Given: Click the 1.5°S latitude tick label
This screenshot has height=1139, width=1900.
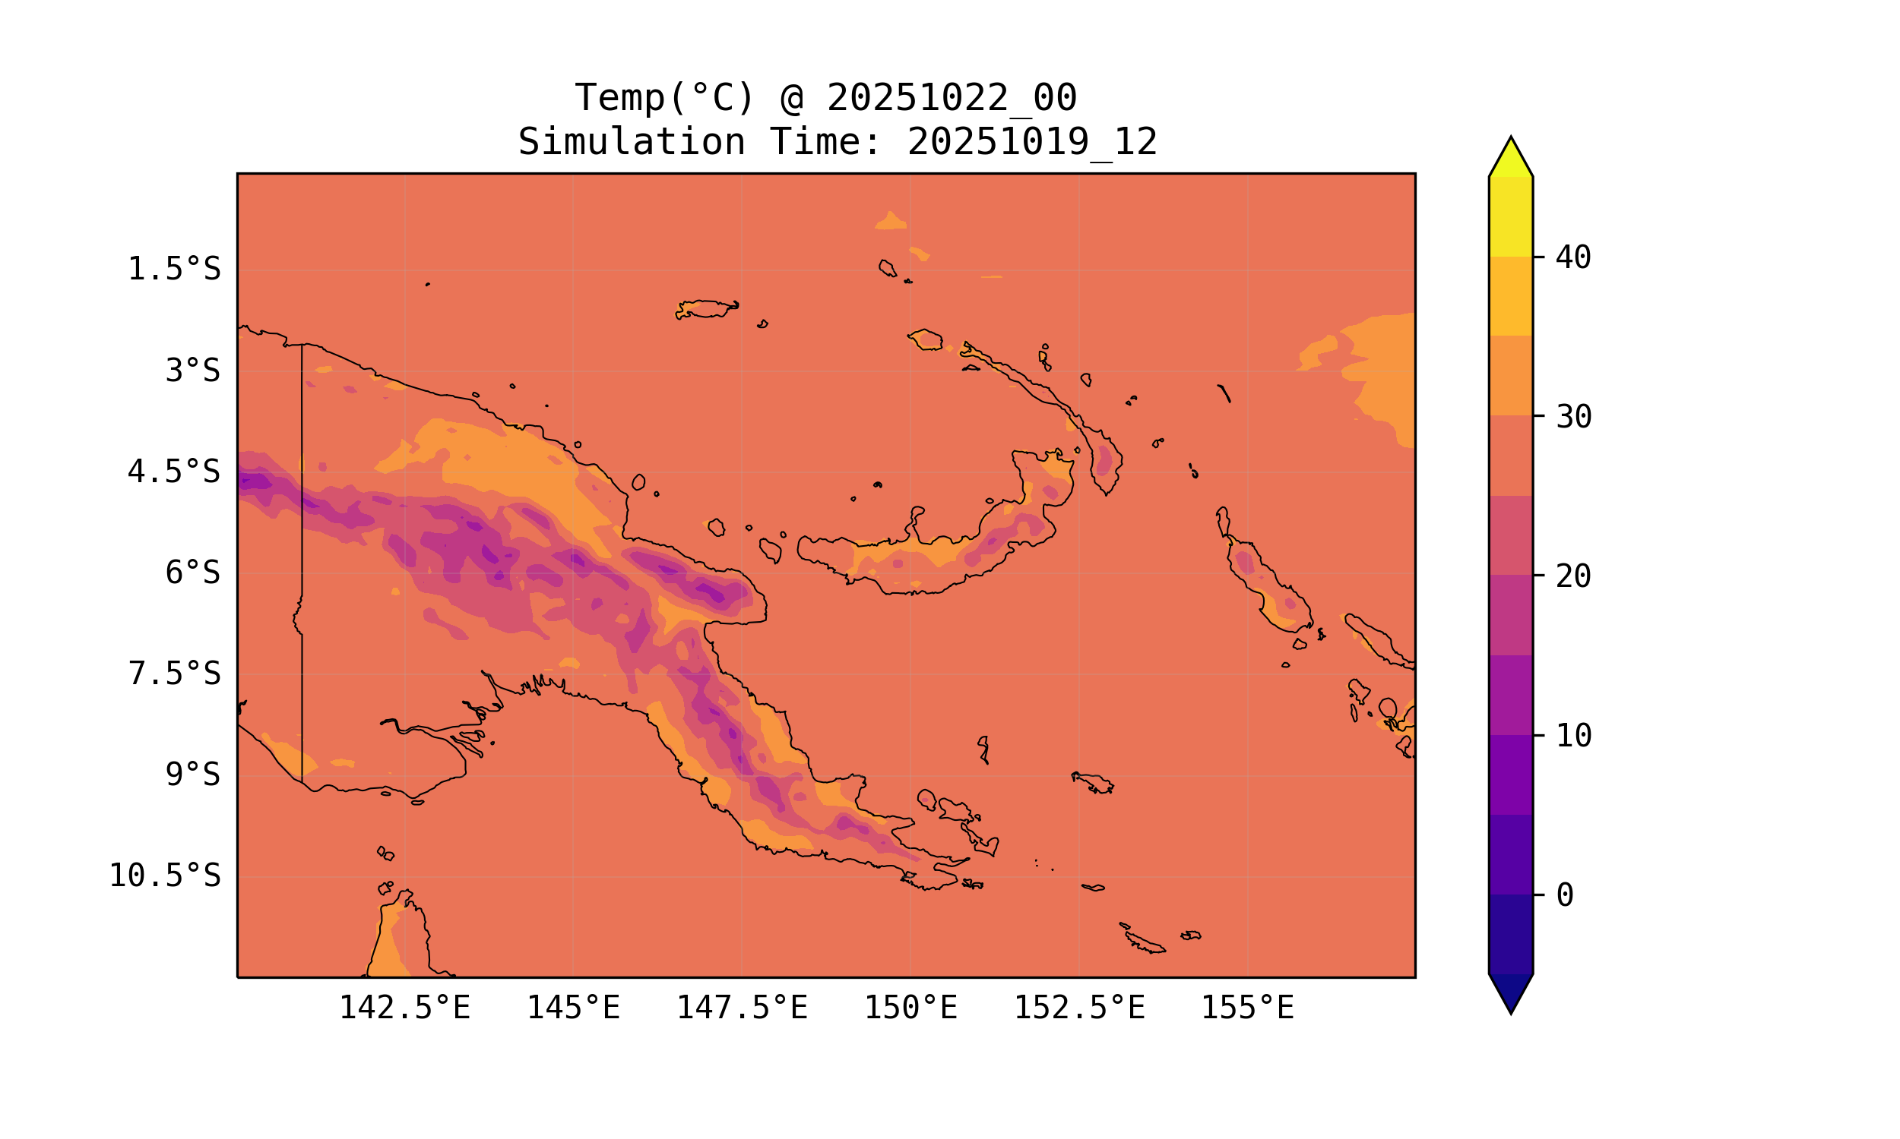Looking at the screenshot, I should click(173, 270).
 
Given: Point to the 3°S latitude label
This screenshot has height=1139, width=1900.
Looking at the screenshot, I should click(193, 371).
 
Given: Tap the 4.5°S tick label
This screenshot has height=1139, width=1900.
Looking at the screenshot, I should click(173, 472).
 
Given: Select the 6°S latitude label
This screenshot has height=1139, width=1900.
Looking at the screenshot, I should click(193, 573).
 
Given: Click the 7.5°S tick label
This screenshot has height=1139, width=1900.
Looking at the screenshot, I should click(173, 674).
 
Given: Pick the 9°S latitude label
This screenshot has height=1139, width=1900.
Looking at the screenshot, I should click(193, 775).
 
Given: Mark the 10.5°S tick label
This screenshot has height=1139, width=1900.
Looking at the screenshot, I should click(164, 876).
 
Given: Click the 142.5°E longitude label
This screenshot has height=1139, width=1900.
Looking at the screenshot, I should click(405, 1008).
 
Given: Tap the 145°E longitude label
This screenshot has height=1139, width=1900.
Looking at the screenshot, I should click(573, 1008).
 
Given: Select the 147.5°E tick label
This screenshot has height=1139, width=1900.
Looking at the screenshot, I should click(742, 1008).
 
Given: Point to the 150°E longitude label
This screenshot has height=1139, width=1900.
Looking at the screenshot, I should click(910, 1008).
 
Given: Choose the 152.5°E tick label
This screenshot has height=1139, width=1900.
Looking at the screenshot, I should click(1079, 1008).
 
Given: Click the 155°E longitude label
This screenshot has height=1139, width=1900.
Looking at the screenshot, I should click(1247, 1008).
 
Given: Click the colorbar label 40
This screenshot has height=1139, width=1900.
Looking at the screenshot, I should click(1573, 258).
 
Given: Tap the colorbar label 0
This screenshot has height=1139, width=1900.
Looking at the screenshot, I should click(1564, 896).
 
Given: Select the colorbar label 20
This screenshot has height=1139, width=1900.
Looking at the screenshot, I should click(1573, 576).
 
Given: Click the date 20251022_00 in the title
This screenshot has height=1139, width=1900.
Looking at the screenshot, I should click(952, 98).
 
